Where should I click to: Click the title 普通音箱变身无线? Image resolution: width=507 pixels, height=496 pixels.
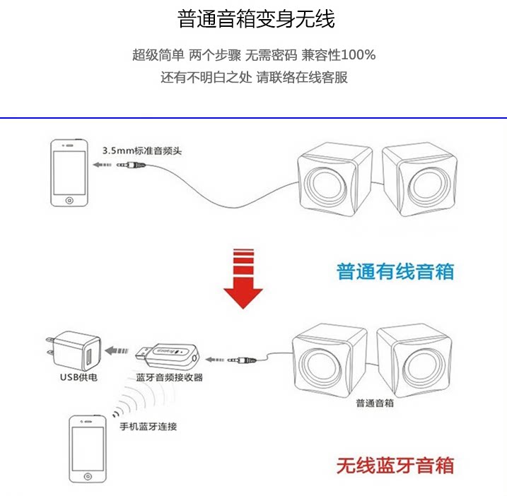point(256,19)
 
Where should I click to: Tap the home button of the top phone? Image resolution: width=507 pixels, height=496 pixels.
point(69,200)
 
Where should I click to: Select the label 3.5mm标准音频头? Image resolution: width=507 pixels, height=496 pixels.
point(142,150)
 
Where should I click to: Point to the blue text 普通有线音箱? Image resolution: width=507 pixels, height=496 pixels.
point(395,271)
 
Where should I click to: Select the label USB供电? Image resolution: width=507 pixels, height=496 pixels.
point(78,378)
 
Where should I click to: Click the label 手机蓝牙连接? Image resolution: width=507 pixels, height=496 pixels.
point(148,426)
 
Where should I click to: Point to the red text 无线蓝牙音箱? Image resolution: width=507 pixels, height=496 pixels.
point(395,466)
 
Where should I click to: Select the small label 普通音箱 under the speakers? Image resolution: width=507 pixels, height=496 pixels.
point(375,403)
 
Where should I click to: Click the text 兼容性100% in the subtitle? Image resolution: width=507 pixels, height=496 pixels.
point(339,55)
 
